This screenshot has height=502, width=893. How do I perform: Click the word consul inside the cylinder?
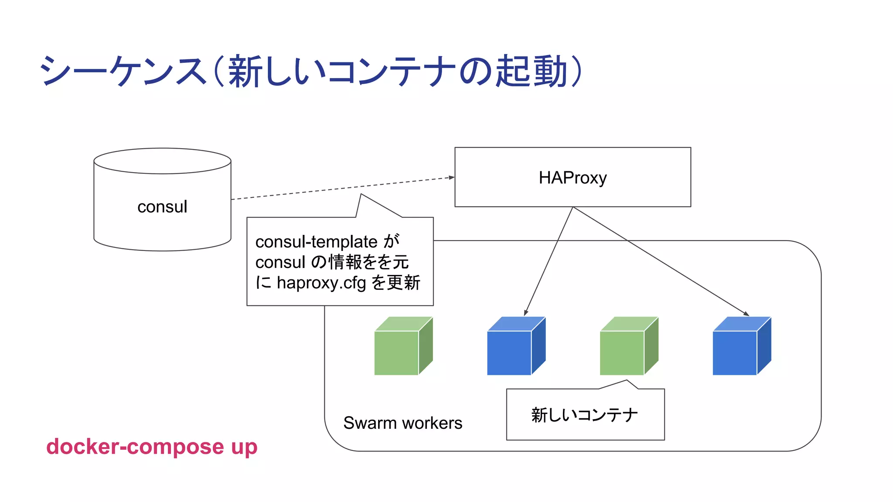(162, 207)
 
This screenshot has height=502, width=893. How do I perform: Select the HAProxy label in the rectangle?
(573, 178)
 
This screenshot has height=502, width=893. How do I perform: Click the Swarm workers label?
(402, 423)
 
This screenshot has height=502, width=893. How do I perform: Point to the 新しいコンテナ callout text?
(584, 415)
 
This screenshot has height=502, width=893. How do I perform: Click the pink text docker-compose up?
(152, 447)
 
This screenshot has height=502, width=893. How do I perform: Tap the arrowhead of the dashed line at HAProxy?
(452, 177)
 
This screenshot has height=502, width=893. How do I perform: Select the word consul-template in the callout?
(316, 241)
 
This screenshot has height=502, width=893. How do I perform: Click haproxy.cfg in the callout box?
(321, 283)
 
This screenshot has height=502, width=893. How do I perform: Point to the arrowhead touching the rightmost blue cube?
(746, 314)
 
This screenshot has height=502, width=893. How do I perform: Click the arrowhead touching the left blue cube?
(526, 313)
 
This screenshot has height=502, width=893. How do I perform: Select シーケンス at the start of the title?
(122, 71)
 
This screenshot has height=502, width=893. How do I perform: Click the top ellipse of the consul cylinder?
(162, 161)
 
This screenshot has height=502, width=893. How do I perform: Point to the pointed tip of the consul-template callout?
(361, 194)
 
